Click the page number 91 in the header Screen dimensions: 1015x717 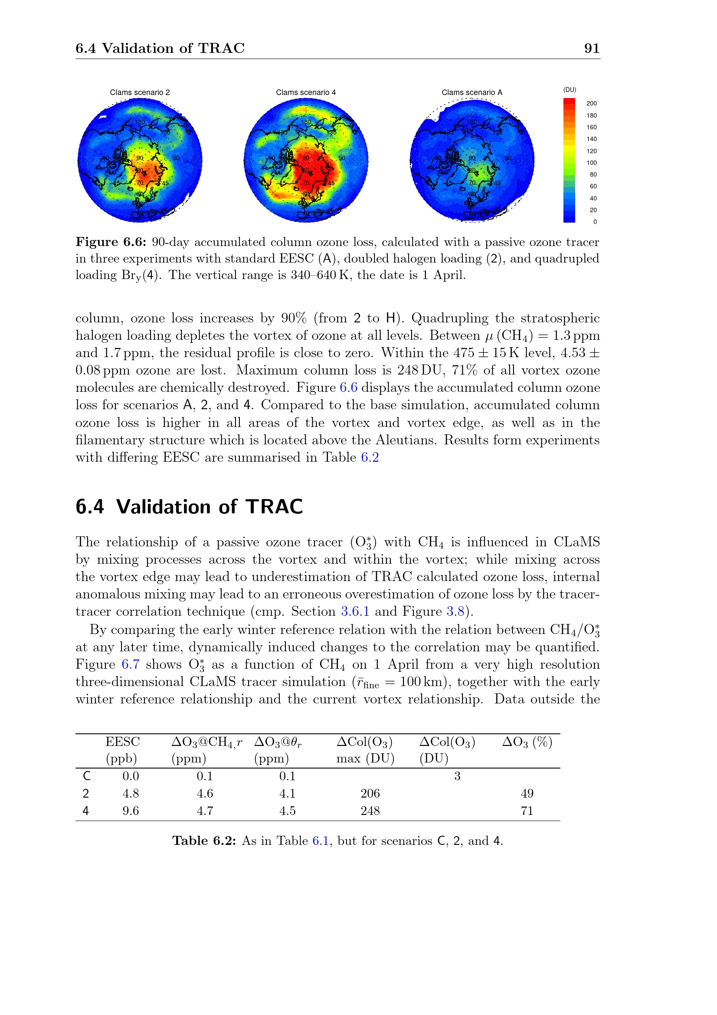point(592,48)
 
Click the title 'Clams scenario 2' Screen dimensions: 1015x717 point(140,92)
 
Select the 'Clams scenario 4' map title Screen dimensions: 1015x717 point(306,92)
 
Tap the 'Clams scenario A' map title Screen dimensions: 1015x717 point(472,92)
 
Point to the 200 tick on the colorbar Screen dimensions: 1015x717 point(591,103)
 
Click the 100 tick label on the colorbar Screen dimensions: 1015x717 point(591,163)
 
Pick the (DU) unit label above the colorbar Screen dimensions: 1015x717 point(570,90)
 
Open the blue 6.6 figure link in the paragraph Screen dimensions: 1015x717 point(348,388)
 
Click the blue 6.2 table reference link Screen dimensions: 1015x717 point(370,457)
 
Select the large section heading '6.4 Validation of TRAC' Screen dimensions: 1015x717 point(189,506)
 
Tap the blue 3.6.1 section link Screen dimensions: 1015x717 point(355,611)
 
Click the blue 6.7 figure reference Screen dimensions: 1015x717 point(130,664)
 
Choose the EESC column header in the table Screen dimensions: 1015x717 point(122,742)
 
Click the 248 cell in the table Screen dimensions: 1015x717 point(370,811)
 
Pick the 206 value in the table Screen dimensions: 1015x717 point(370,794)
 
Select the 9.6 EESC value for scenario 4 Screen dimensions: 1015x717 point(131,811)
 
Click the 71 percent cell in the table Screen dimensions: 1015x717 point(527,811)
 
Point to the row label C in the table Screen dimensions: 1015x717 point(87,776)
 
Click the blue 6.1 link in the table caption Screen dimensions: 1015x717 point(320,841)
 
